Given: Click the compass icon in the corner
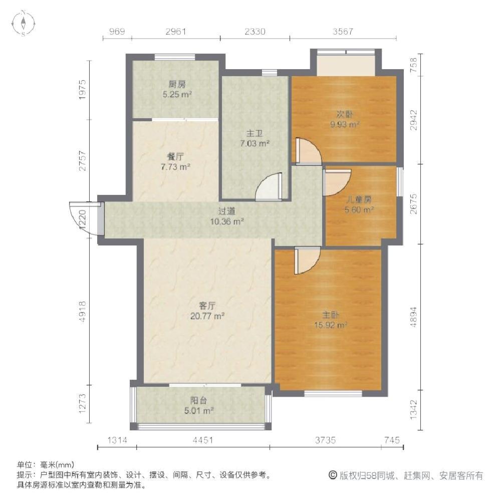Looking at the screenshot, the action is coord(24,23).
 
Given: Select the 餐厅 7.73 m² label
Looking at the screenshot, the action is coord(175,162).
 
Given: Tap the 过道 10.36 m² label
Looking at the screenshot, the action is coord(227,216).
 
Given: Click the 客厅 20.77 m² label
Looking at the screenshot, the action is coord(207,311).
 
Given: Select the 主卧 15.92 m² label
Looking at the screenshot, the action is coord(330,320).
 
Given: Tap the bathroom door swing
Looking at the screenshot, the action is coord(269,187).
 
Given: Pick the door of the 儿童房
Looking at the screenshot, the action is coord(337,182).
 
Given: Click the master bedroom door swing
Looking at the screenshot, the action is coord(307,261).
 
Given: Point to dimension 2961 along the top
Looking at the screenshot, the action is coord(176,31).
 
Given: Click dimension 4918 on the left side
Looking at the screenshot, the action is coord(83,311).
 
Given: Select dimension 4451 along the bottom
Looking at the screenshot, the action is coord(203,440).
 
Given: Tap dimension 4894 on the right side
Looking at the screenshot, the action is coord(413,317).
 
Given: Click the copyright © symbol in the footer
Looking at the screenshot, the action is coord(333,475).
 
